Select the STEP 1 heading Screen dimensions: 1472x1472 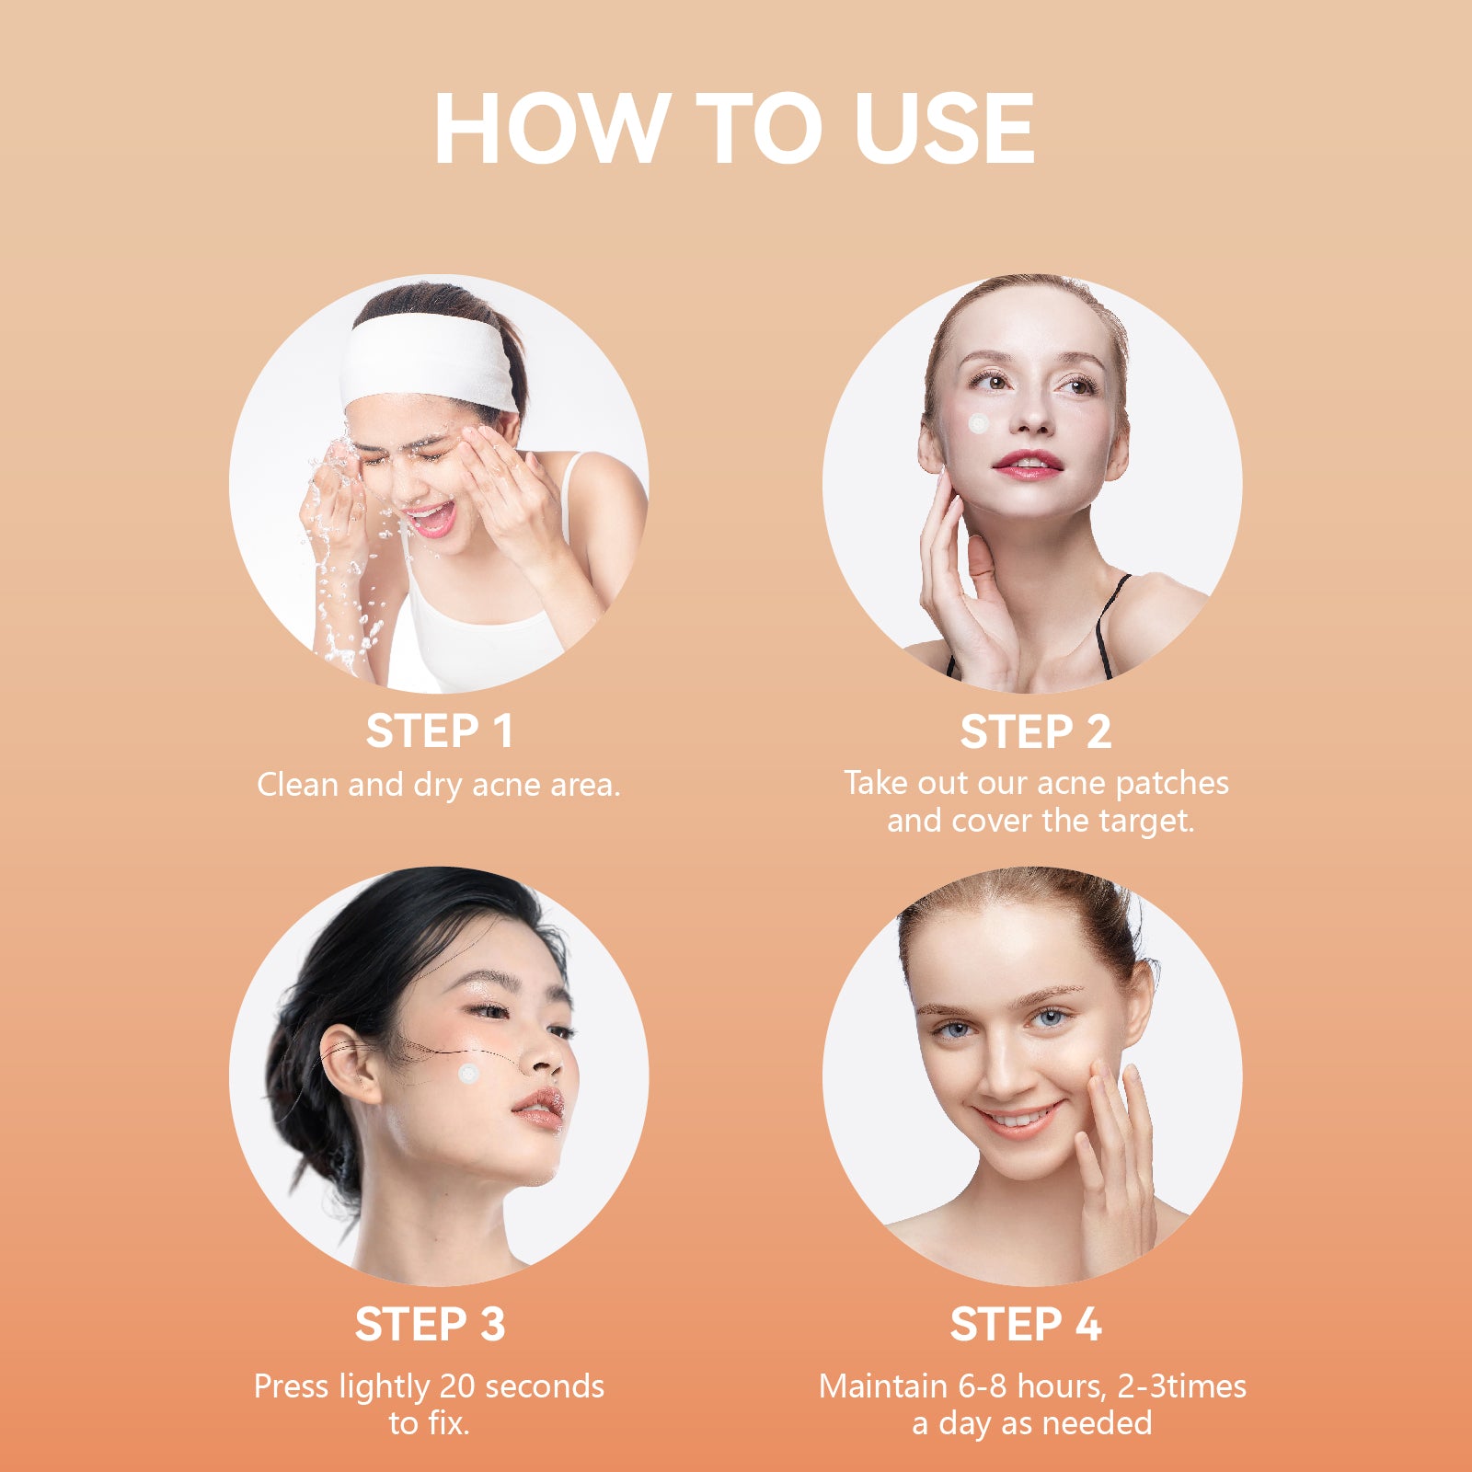click(x=439, y=731)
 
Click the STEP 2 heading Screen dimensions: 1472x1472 click(x=1035, y=732)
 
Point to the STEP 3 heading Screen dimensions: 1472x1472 click(x=430, y=1325)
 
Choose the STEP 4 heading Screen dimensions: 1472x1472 click(x=1026, y=1325)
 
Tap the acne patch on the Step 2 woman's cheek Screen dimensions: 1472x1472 click(x=979, y=424)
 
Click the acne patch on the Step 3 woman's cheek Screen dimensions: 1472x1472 click(x=469, y=1073)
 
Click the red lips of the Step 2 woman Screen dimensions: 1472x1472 click(x=1028, y=465)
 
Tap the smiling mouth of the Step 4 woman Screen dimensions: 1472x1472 click(x=1019, y=1120)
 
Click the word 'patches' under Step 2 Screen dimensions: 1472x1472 click(x=1172, y=784)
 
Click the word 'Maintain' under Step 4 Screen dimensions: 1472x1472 click(x=870, y=1386)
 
